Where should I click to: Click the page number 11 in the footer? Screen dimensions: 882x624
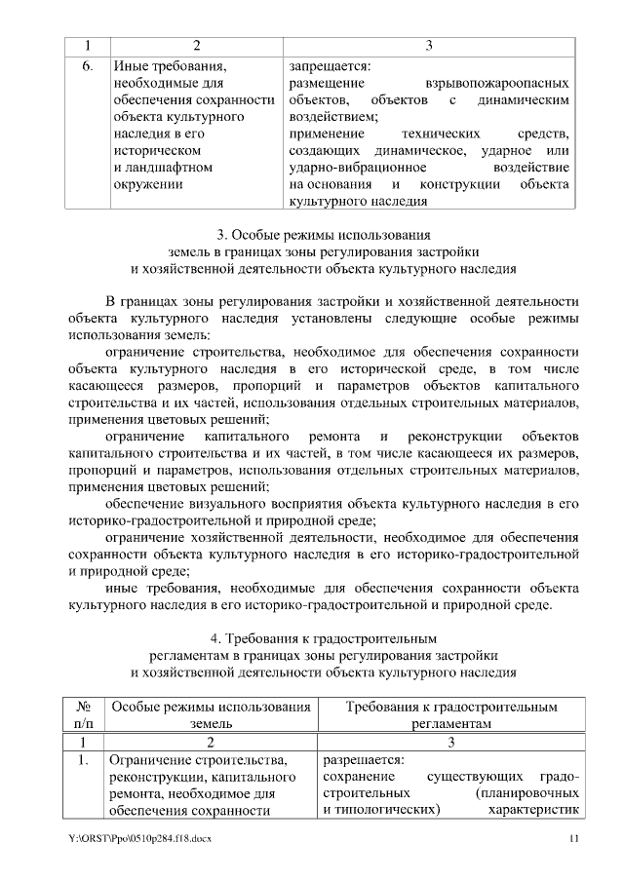[x=574, y=838]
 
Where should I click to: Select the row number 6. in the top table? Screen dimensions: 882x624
[x=86, y=66]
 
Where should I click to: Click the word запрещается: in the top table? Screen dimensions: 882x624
[x=331, y=66]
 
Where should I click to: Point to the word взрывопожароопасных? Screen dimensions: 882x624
[x=497, y=85]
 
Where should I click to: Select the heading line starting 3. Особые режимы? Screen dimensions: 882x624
[x=323, y=234]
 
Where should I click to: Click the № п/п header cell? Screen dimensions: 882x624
[x=84, y=714]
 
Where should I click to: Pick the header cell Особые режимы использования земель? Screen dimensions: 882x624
[x=211, y=714]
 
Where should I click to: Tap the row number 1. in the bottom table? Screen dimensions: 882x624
[x=84, y=759]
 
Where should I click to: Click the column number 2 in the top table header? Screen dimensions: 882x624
[x=197, y=45]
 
